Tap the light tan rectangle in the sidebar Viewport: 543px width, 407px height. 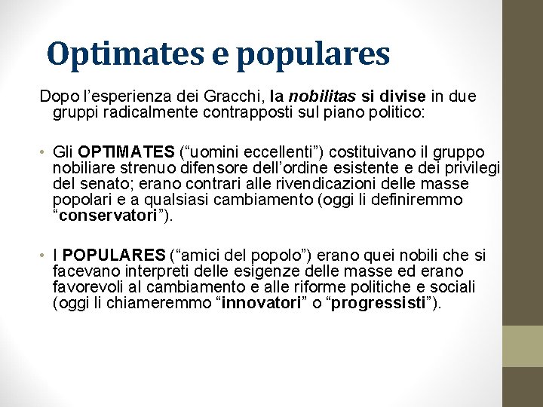[x=523, y=346]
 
